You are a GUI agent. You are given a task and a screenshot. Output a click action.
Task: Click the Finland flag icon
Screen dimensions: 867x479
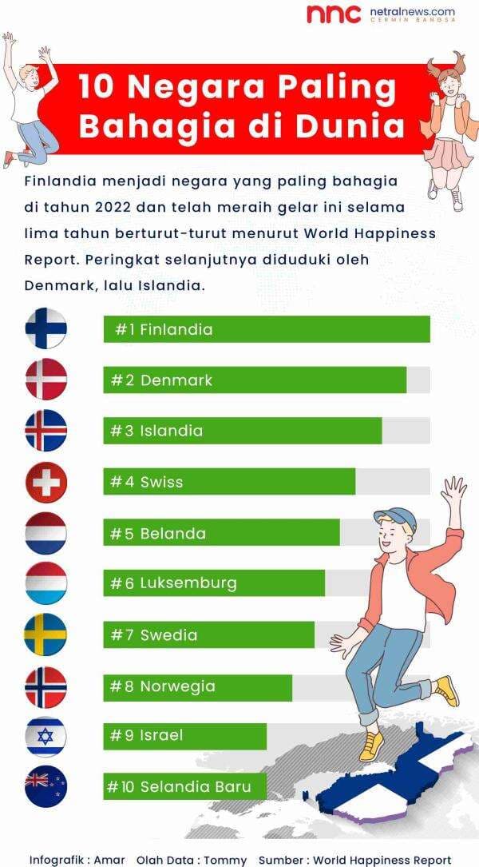[x=46, y=328]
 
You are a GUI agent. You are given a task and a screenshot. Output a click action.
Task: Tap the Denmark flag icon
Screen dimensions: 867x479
[x=46, y=380]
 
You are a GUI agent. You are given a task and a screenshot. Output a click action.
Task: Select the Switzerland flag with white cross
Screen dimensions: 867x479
[x=46, y=482]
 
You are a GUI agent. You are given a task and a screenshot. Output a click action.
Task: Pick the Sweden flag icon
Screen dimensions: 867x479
[x=46, y=634]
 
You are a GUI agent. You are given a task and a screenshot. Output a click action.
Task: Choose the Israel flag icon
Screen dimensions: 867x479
[x=46, y=736]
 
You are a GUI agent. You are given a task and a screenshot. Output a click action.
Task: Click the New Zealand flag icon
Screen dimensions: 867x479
[x=46, y=786]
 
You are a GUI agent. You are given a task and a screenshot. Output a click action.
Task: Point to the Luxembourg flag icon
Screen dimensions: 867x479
[x=46, y=583]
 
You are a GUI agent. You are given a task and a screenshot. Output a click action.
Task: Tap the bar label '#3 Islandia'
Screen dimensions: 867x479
[x=156, y=431]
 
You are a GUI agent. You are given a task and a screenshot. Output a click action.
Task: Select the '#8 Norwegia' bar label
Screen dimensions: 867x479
[x=163, y=686]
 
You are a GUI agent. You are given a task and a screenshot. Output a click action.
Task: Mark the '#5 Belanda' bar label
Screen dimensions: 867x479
[x=158, y=533]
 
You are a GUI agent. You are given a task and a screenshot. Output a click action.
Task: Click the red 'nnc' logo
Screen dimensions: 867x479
[x=333, y=14]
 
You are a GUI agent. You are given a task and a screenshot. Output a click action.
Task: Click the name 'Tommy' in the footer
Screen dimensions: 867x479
[x=224, y=860]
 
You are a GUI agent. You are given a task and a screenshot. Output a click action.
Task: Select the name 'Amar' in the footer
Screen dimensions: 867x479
[x=109, y=860]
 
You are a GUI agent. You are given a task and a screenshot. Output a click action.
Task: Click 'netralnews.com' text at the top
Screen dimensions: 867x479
[x=412, y=12]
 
